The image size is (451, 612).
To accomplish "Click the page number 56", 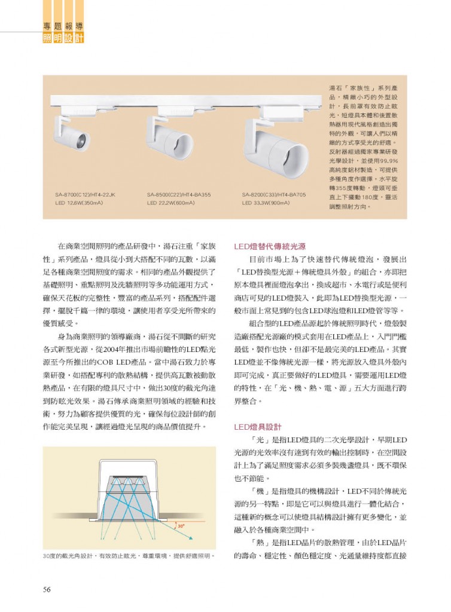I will pyautogui.click(x=46, y=589).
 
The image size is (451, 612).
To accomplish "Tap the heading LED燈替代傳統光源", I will pyautogui.click(x=270, y=246).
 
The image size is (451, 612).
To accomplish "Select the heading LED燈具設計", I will pyautogui.click(x=258, y=427).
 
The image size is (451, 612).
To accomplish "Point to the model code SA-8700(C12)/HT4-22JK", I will pyautogui.click(x=86, y=195).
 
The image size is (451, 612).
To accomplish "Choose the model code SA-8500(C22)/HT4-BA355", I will pyautogui.click(x=179, y=195).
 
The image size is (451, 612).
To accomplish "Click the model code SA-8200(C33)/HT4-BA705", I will pyautogui.click(x=274, y=195).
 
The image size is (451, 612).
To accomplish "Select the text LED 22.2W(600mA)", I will pyautogui.click(x=171, y=203).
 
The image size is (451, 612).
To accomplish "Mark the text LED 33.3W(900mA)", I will pyautogui.click(x=266, y=203).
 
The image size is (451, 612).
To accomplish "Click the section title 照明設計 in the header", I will pyautogui.click(x=63, y=38).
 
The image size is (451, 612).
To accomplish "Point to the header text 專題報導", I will pyautogui.click(x=63, y=26).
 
